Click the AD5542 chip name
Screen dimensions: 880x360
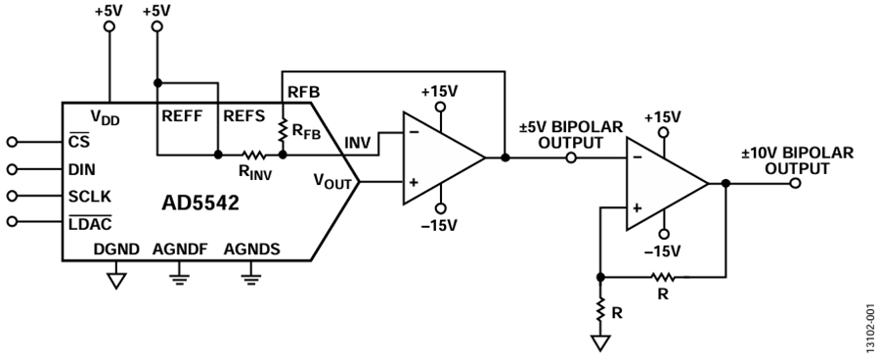[x=200, y=202]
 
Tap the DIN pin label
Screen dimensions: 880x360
[x=81, y=169]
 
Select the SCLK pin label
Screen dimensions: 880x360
[x=90, y=197]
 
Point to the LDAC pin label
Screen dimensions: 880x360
[x=90, y=223]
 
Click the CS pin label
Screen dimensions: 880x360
[x=78, y=142]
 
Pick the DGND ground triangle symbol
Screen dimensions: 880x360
[x=116, y=280]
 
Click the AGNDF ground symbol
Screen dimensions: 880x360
[x=180, y=279]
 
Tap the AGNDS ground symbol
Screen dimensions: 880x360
[x=251, y=279]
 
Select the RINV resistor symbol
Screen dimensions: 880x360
[x=253, y=155]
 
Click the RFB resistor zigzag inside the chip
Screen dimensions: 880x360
[x=283, y=130]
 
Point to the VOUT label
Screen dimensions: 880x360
[x=332, y=181]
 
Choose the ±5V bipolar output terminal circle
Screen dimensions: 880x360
[x=571, y=157]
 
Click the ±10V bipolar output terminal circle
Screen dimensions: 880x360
[x=795, y=183]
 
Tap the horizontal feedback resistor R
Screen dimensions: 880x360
[x=663, y=277]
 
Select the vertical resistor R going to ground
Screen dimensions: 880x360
[x=600, y=309]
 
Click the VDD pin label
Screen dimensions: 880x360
[x=105, y=117]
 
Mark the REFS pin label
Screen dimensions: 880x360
[x=244, y=116]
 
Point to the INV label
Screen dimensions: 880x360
[x=358, y=143]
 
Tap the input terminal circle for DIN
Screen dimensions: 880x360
[x=13, y=169]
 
